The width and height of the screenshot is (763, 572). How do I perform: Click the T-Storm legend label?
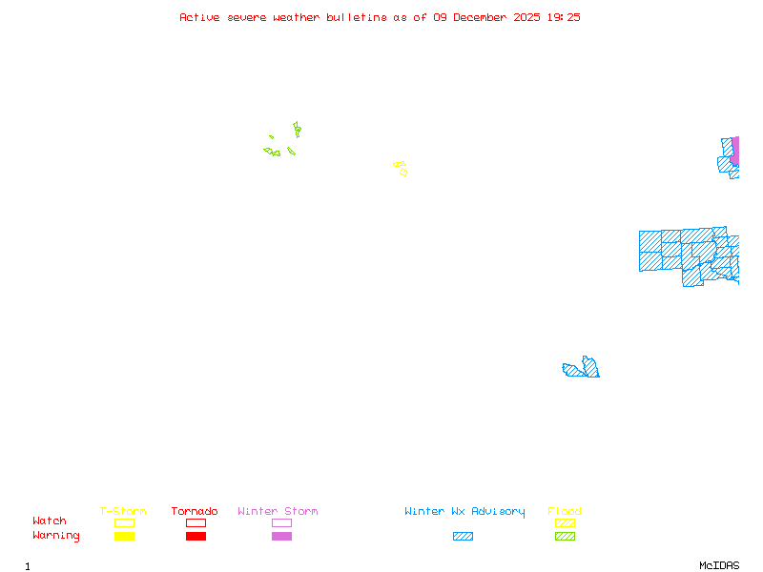coord(123,512)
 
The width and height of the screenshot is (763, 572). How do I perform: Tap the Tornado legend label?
coord(195,512)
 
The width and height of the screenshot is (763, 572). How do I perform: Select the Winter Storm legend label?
coord(278,512)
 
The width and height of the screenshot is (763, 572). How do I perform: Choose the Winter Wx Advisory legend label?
coord(464,512)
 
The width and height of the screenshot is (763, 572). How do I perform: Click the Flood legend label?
coord(565,512)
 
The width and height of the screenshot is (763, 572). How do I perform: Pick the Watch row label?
coord(50,521)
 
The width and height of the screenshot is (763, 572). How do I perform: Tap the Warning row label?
coord(55,536)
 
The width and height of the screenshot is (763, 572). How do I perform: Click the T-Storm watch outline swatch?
coord(124,522)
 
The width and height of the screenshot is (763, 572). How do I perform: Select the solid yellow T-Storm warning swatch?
coord(124,536)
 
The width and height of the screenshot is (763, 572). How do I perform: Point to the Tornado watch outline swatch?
coord(196,522)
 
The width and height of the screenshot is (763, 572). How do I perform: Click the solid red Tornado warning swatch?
coord(196,536)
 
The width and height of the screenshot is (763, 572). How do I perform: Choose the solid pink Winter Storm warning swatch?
coord(281,536)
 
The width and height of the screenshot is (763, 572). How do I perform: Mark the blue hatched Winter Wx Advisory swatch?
coord(463,536)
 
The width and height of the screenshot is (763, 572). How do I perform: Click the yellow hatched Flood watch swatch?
coord(565,522)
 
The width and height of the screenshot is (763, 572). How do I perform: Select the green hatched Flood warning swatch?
coord(565,536)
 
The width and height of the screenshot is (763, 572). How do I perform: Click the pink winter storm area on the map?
coord(734,151)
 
